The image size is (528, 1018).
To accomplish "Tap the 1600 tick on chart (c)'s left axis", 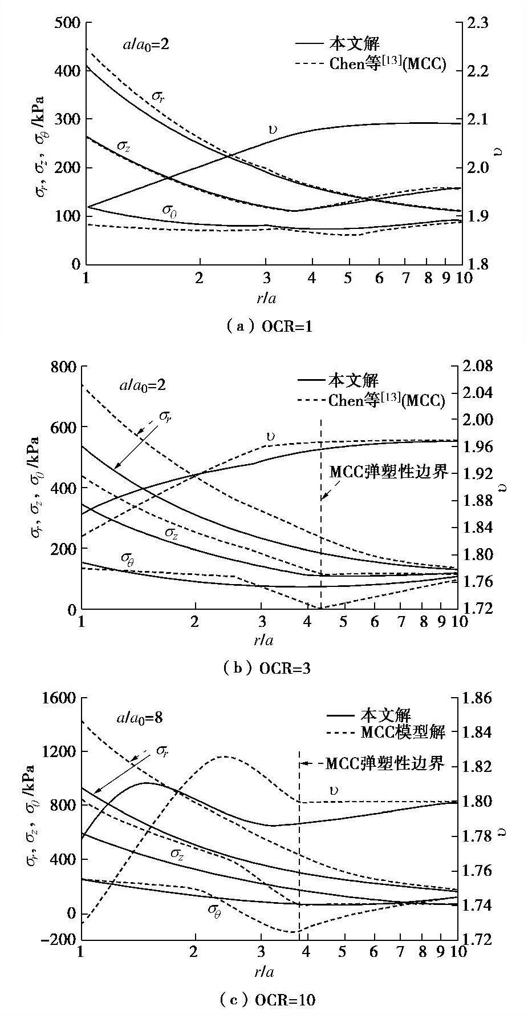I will [x=60, y=698].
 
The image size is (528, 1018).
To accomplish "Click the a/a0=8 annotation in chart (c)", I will [x=140, y=717].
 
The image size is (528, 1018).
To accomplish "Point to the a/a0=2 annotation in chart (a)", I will [x=146, y=44].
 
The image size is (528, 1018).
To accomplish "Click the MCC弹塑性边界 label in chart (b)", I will [x=388, y=473].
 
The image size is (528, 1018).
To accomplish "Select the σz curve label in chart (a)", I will [x=124, y=146].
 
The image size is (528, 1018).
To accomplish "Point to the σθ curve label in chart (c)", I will [x=214, y=908].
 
